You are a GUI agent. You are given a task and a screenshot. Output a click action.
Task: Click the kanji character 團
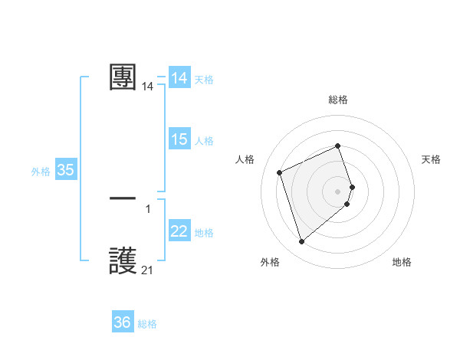pos(123,77)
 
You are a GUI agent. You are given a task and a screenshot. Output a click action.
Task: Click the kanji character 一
pos(123,198)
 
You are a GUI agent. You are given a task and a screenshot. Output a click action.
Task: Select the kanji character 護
pos(123,260)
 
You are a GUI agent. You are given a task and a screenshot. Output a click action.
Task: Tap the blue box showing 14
pos(179,78)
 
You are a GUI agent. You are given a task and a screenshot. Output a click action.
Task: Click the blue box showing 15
pos(179,139)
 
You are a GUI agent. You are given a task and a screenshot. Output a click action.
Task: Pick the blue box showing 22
pos(179,231)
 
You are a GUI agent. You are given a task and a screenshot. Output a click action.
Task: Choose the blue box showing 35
pos(66,170)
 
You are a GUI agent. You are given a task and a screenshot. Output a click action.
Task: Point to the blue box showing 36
pos(123,322)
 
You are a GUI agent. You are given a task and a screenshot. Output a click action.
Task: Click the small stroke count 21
pos(147,270)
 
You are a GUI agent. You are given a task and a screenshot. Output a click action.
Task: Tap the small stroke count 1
pos(148,209)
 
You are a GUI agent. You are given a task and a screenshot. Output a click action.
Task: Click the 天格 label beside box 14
pos(204,79)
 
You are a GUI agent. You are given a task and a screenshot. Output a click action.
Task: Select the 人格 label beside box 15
pos(204,140)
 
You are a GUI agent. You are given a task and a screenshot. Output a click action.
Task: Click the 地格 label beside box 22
pos(204,232)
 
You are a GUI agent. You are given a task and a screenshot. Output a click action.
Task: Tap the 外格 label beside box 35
pos(41,172)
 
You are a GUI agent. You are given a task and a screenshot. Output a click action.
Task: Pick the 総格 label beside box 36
pos(147,324)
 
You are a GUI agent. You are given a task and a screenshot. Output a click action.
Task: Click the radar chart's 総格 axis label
pos(338,100)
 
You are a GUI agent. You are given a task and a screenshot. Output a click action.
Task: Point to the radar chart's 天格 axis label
pos(432,159)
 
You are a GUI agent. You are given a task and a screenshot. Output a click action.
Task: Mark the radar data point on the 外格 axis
pos(301,242)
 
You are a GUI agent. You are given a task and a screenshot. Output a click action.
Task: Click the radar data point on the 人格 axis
pos(279,172)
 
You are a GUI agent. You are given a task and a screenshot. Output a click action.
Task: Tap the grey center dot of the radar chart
pos(338,191)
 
